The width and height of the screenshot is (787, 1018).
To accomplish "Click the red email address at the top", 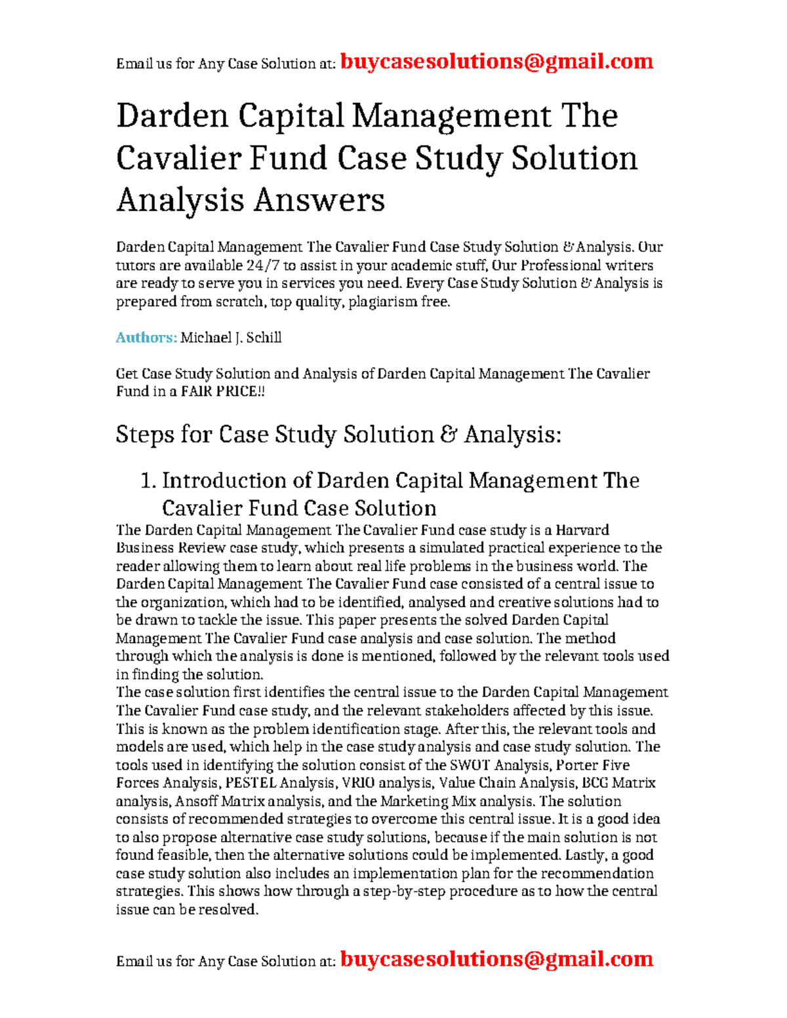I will pyautogui.click(x=496, y=62).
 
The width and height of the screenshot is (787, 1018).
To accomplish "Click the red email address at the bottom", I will pyautogui.click(x=496, y=959).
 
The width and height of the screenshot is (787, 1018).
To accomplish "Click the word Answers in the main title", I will pyautogui.click(x=319, y=200).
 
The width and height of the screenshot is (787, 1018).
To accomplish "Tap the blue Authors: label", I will pyautogui.click(x=146, y=338).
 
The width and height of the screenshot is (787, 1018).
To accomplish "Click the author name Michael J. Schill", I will pyautogui.click(x=231, y=338).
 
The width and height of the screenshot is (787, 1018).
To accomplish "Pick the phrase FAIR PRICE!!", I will pyautogui.click(x=223, y=391).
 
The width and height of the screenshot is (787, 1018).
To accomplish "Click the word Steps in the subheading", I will pyautogui.click(x=144, y=435).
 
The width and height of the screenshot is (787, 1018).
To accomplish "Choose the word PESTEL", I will pyautogui.click(x=251, y=783).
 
